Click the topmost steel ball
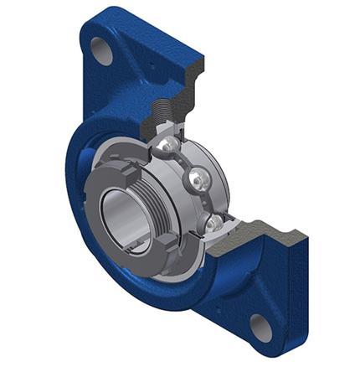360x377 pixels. pos(170,144)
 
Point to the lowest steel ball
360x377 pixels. pos(215,221)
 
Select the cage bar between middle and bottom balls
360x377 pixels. pos(209,201)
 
